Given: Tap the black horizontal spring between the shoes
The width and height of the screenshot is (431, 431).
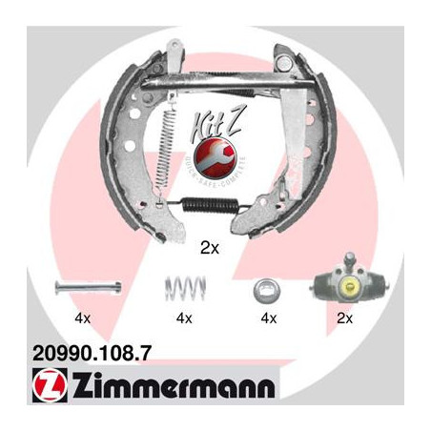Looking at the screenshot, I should [x=211, y=204].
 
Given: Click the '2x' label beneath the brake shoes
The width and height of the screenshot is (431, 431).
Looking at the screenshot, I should [x=210, y=250].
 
